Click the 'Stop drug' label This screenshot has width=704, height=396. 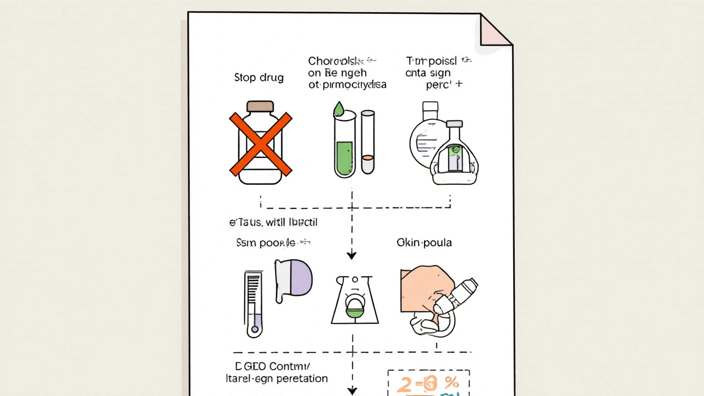coord(258,78)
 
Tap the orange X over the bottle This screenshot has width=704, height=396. coord(261,144)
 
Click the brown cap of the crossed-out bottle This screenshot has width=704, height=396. coord(260,106)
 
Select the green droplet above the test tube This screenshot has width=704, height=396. coord(339,109)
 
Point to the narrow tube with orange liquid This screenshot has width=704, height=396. coord(367,143)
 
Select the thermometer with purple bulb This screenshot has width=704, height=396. coord(254,304)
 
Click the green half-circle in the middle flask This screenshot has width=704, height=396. coord(355,311)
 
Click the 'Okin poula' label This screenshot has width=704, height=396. coord(424,243)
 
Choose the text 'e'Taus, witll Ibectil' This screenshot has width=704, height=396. coord(273,222)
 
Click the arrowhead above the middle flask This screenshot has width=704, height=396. coord(352,255)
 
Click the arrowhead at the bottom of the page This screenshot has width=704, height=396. coord(352,391)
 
